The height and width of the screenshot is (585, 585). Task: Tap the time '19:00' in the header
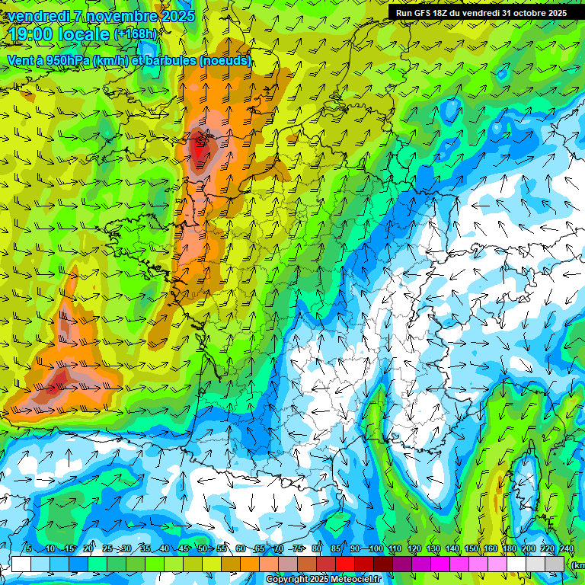tap(34, 34)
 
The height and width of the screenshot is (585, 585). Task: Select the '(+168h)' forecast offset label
tap(135, 34)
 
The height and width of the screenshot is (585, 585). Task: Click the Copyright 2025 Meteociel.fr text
tap(323, 580)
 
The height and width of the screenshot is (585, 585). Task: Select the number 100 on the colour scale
tap(376, 549)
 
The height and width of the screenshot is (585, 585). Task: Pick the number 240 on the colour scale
tap(566, 549)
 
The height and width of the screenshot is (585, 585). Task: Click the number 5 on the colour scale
tap(29, 549)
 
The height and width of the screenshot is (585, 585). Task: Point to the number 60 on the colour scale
tap(241, 549)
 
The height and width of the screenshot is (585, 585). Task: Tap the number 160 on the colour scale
tap(491, 549)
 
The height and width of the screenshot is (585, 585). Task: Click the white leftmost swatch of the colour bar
tap(21, 564)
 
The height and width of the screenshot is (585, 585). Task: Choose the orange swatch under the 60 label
tap(250, 564)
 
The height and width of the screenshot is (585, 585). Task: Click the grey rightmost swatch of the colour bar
tap(555, 564)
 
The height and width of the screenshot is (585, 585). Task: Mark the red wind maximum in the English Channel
tap(200, 147)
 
